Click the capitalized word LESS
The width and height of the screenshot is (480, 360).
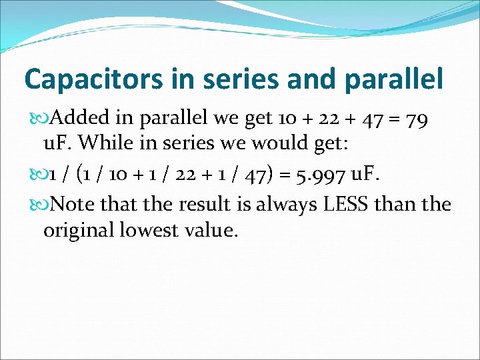[x=345, y=203]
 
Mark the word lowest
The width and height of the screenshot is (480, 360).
[x=155, y=231]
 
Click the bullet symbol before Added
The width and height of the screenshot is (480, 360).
[x=43, y=119]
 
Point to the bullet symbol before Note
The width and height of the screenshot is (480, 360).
[x=43, y=204]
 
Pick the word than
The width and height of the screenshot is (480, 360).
[x=397, y=203]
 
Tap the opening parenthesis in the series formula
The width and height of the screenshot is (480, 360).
[x=80, y=176]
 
